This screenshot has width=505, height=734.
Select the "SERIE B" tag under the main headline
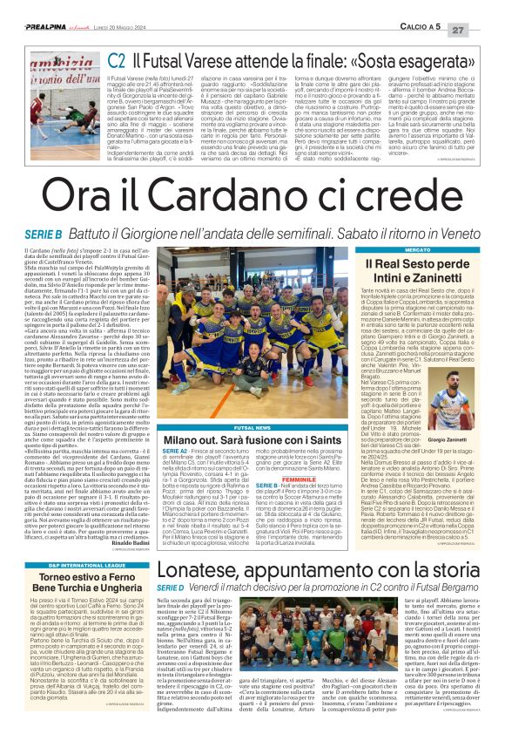[x=43, y=235]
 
